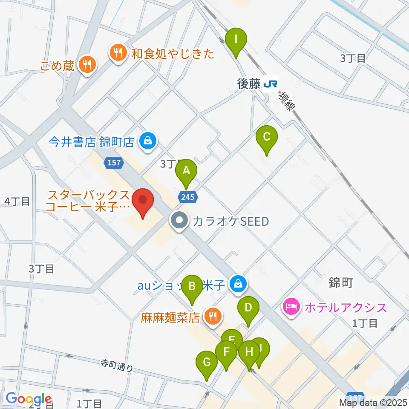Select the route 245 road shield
pos(187,197)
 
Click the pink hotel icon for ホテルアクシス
pos(291,307)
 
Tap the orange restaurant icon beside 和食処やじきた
pos(117,53)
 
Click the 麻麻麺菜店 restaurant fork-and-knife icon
pos(211,317)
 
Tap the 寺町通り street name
pos(117,366)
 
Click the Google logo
pos(29,399)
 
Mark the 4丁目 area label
pos(17,201)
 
